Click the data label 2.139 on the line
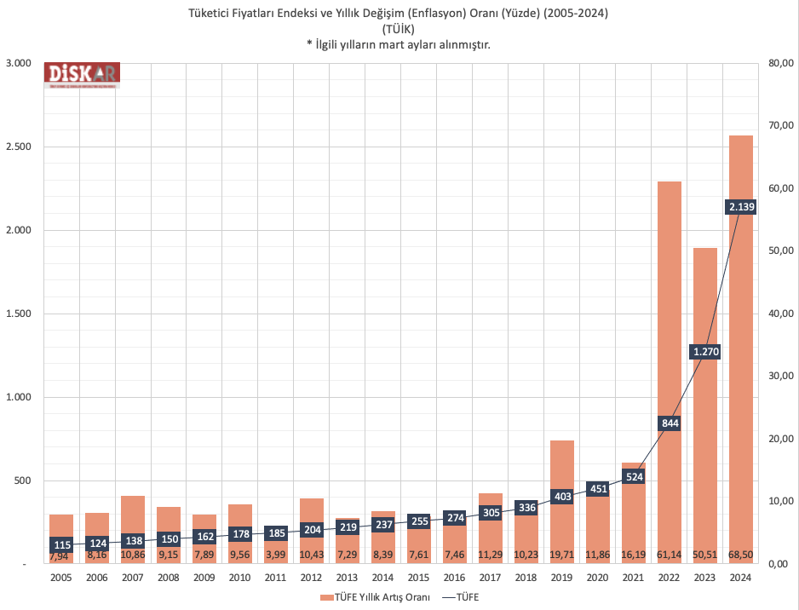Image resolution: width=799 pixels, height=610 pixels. (741, 206)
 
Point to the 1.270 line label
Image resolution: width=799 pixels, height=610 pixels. (705, 351)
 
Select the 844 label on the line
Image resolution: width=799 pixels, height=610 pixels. (670, 423)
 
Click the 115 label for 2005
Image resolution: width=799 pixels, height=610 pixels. (61, 545)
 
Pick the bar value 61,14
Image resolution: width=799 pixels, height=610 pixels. (670, 555)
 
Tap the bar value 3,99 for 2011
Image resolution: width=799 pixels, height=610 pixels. (275, 555)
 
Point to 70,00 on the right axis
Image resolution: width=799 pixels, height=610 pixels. (781, 126)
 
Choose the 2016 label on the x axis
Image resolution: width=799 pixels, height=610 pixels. (455, 577)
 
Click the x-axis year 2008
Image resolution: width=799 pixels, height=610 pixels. (169, 577)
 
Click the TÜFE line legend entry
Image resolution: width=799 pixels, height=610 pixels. (461, 597)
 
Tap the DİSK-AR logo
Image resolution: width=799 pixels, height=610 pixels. (82, 75)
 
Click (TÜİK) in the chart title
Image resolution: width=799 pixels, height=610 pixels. (399, 29)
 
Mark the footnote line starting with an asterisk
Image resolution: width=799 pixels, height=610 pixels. (399, 44)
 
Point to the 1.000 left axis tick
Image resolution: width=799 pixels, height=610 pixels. (18, 397)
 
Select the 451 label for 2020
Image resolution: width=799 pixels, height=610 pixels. (598, 488)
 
